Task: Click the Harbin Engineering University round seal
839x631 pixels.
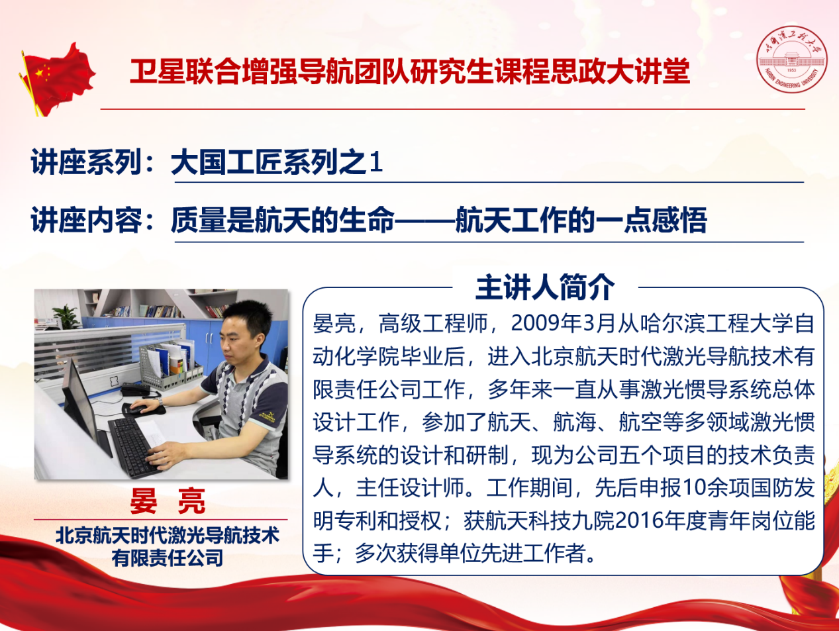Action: (x=791, y=59)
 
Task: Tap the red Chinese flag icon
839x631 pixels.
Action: (x=57, y=79)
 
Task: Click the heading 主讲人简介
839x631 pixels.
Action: (x=545, y=287)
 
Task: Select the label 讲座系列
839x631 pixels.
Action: (x=87, y=162)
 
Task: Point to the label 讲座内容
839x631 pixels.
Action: (x=87, y=220)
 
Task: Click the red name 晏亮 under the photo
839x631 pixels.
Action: (x=168, y=501)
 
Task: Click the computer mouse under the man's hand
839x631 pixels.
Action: (x=138, y=409)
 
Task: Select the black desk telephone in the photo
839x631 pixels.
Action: (x=136, y=389)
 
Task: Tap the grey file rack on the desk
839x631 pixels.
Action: (x=169, y=367)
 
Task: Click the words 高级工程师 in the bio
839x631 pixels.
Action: (x=433, y=323)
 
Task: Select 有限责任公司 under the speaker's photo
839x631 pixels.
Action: (x=168, y=558)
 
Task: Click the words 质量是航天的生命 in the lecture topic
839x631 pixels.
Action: (x=283, y=220)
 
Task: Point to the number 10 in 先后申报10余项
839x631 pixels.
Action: (x=693, y=487)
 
